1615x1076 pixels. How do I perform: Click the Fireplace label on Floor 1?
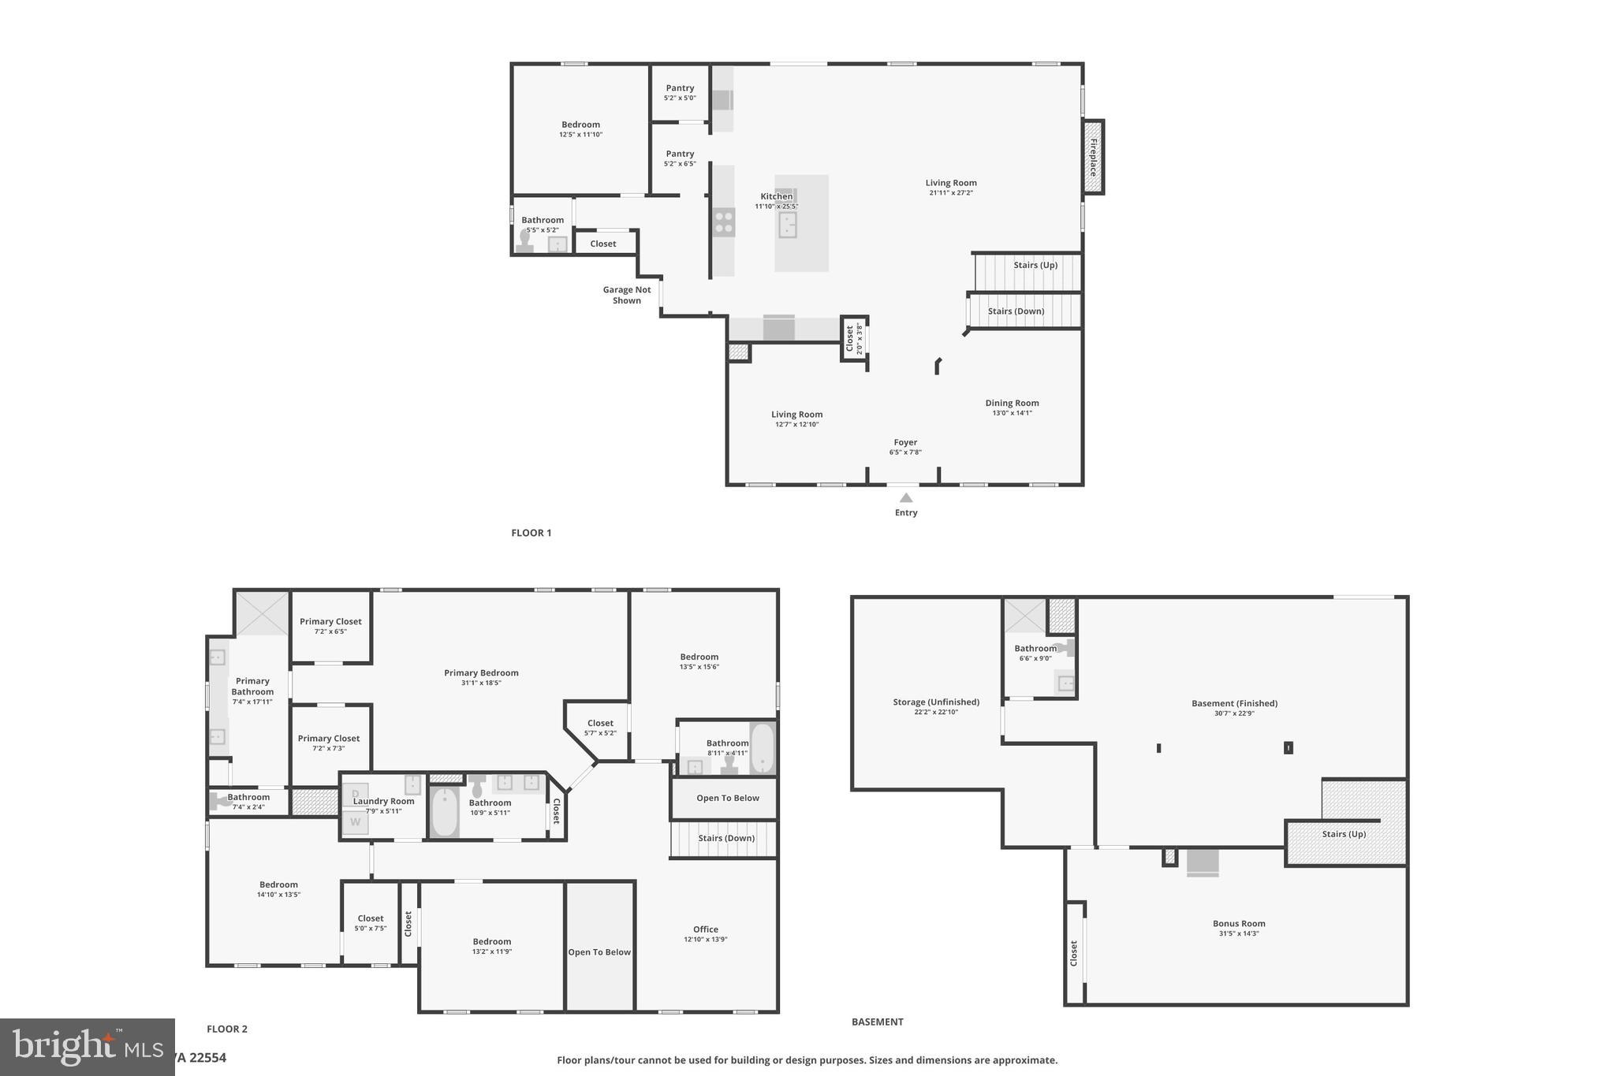point(1093,157)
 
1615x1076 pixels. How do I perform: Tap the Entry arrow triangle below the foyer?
point(906,497)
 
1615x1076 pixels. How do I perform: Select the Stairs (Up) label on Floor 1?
point(1035,265)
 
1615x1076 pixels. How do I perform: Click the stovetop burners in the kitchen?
point(723,222)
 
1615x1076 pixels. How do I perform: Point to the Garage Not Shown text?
point(627,295)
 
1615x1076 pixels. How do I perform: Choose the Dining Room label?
point(1012,403)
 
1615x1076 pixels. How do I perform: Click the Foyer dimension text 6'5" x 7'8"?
point(905,452)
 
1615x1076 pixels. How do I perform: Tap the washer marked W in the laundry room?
point(355,822)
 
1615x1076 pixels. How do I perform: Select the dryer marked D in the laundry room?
point(355,793)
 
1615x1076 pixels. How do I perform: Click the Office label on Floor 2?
point(705,929)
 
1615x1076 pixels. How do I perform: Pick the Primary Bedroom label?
point(481,672)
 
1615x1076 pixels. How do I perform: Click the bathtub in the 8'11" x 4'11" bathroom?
point(762,747)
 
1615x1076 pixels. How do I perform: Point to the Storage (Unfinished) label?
point(936,702)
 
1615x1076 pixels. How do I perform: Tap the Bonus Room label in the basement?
point(1238,923)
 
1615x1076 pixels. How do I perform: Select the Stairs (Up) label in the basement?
point(1344,834)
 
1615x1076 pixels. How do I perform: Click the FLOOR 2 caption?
point(227,1029)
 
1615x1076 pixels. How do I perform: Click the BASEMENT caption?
point(877,1022)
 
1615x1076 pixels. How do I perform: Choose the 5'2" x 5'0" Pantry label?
point(680,88)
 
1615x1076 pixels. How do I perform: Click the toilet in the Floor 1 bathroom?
point(525,240)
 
